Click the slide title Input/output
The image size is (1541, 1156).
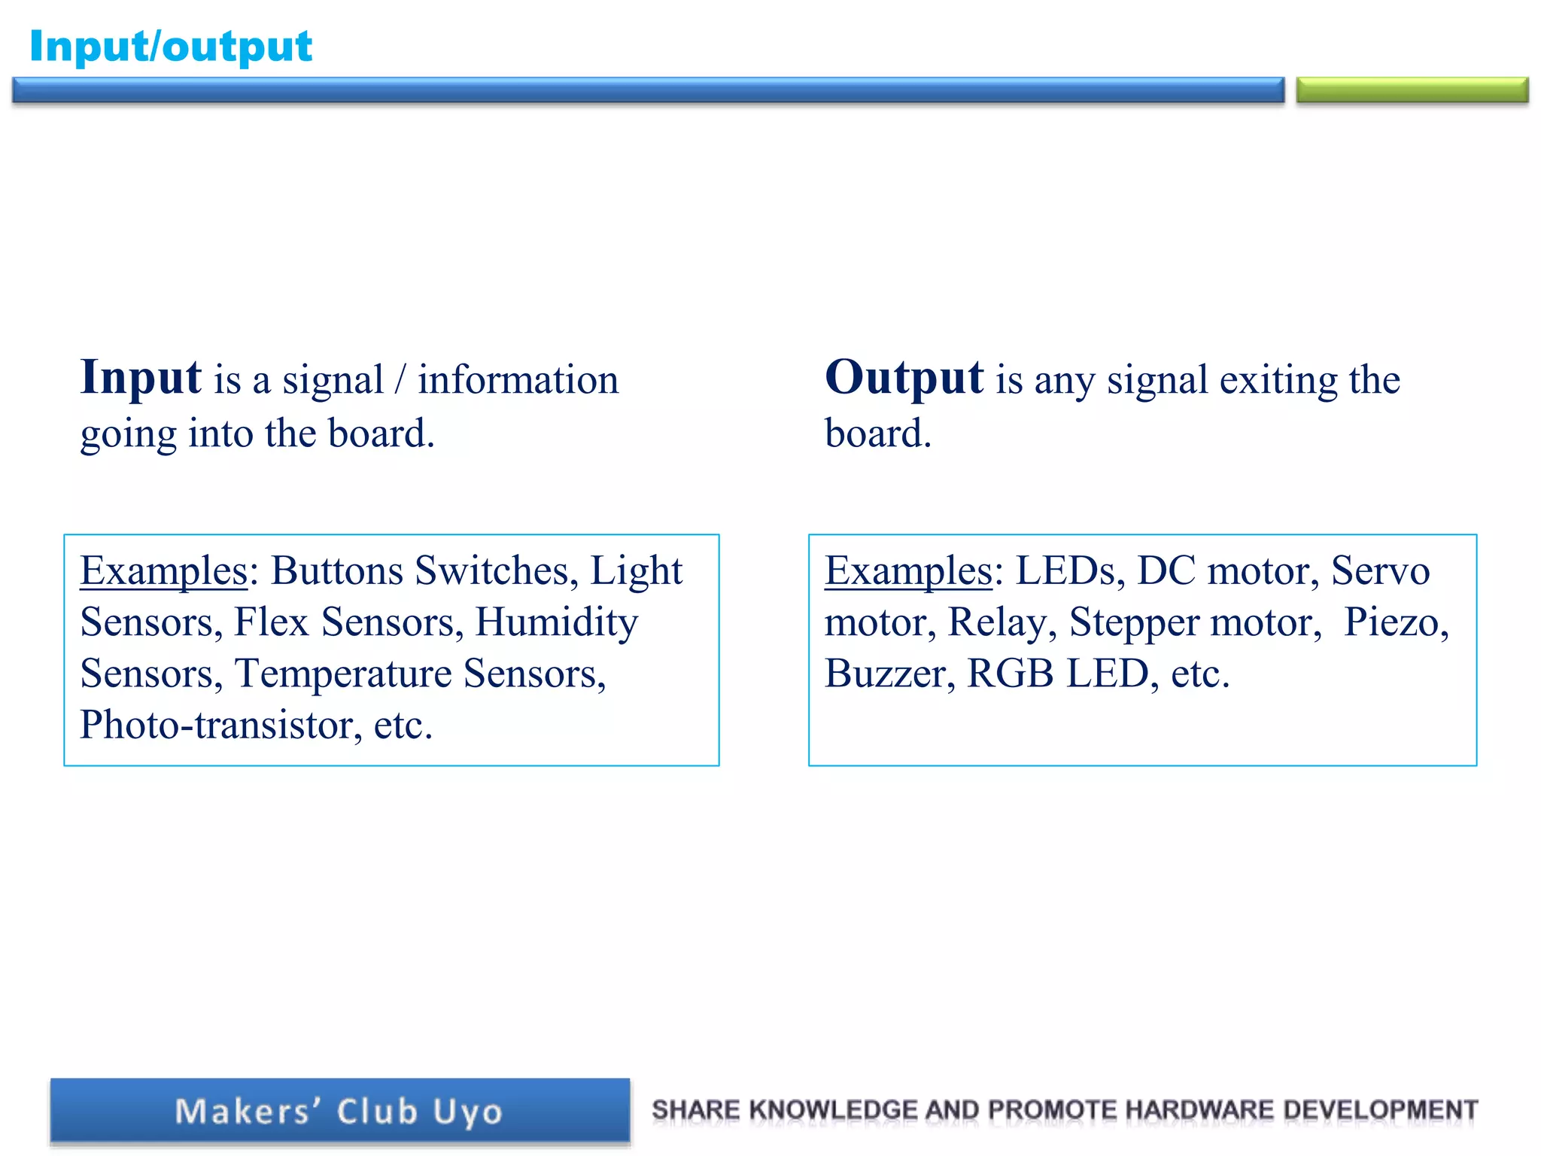pyautogui.click(x=171, y=47)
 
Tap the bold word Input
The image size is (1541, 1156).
pyautogui.click(x=141, y=377)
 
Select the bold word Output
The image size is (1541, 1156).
pyautogui.click(x=904, y=377)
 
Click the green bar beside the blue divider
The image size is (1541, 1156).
pyautogui.click(x=1412, y=90)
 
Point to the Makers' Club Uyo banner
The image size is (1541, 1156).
pyautogui.click(x=339, y=1111)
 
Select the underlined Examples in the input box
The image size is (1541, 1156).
pyautogui.click(x=163, y=570)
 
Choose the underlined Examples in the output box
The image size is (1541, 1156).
pyautogui.click(x=908, y=570)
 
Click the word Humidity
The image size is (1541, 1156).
pyautogui.click(x=557, y=622)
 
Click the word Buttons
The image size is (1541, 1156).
pyautogui.click(x=337, y=570)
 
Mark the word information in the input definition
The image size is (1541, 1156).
pyautogui.click(x=518, y=379)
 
